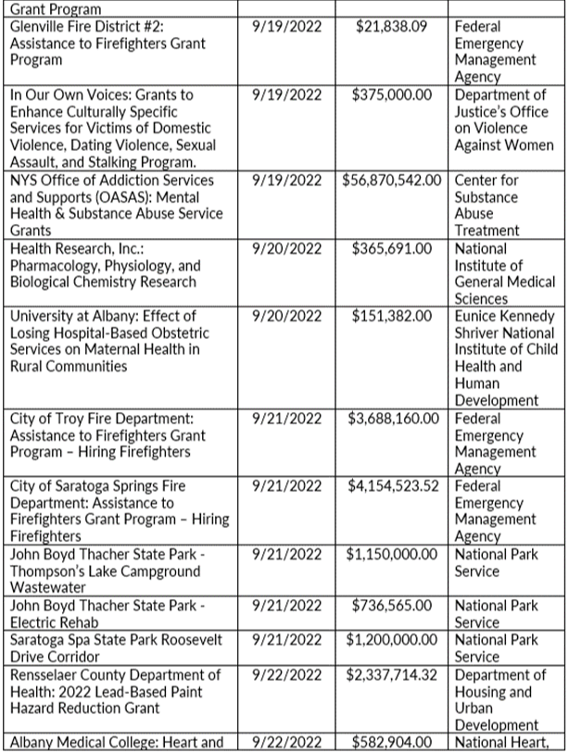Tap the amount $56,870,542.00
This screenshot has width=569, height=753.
395,181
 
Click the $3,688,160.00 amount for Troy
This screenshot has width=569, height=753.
395,418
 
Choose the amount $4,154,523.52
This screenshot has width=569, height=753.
395,485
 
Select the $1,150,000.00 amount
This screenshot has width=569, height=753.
395,554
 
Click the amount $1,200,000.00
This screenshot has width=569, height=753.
395,640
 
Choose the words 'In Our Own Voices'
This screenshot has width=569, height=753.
66,94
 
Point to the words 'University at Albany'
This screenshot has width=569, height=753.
73,316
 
